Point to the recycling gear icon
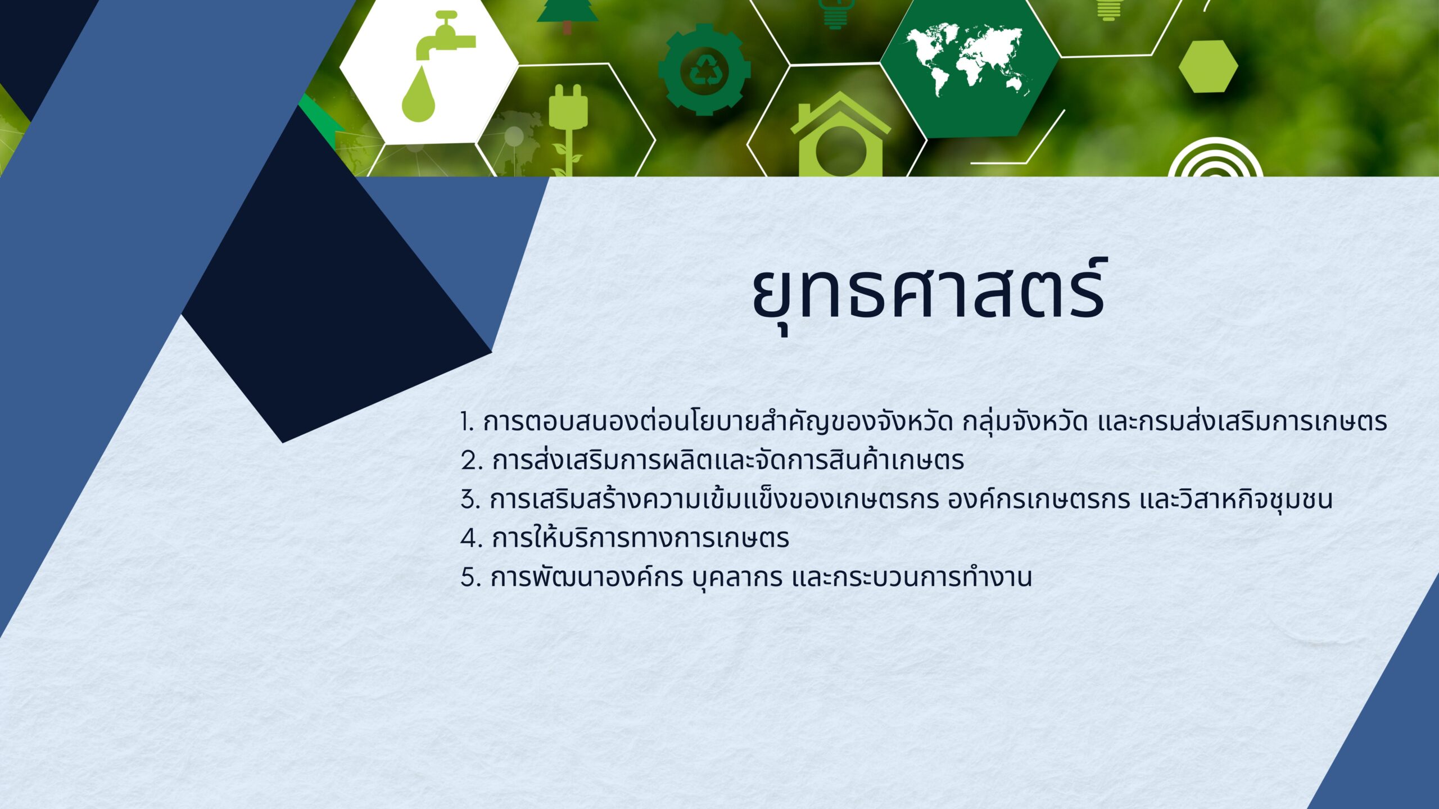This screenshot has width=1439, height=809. coord(704,70)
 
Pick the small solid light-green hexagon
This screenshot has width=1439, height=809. coord(1208,66)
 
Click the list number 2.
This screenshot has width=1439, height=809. coord(471,461)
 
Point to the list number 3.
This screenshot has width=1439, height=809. coord(470,500)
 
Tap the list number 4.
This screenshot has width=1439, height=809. coord(471,539)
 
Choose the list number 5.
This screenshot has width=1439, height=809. coord(470,578)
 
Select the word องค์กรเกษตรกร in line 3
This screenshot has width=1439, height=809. coord(1039,499)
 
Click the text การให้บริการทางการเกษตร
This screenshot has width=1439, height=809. coord(640,538)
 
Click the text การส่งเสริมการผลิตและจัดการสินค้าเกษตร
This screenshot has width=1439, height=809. coord(728,460)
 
